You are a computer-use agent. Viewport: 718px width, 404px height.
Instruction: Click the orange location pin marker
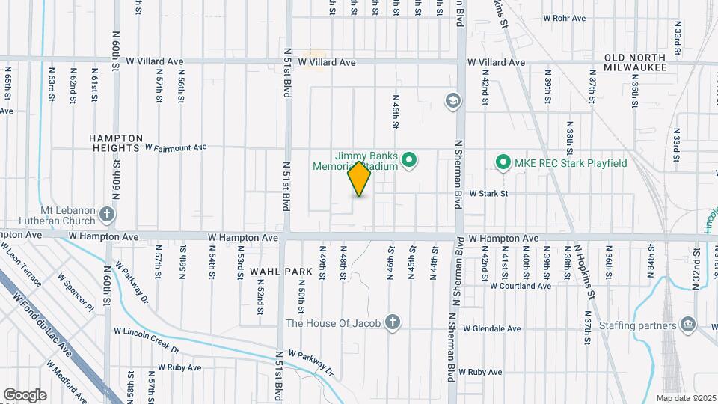pyautogui.click(x=360, y=179)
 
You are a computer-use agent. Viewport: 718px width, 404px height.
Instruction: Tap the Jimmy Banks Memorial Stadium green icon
pyautogui.click(x=409, y=159)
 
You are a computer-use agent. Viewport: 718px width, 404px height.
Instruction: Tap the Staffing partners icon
pyautogui.click(x=687, y=324)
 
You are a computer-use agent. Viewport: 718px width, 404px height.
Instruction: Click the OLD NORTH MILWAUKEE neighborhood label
pyautogui.click(x=635, y=62)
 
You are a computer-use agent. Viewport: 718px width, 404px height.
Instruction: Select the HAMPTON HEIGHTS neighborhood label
pyautogui.click(x=116, y=143)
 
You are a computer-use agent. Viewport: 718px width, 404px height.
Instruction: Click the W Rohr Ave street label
pyautogui.click(x=564, y=18)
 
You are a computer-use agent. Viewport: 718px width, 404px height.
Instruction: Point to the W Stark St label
pyautogui.click(x=488, y=193)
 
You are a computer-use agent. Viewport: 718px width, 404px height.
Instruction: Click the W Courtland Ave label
pyautogui.click(x=521, y=285)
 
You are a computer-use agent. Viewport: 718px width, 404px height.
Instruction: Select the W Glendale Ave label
pyautogui.click(x=491, y=328)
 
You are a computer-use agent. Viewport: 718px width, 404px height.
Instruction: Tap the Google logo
pyautogui.click(x=25, y=394)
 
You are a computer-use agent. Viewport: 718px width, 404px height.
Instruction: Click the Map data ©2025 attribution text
pyautogui.click(x=684, y=397)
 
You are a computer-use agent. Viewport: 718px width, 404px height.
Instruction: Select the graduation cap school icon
pyautogui.click(x=452, y=100)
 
